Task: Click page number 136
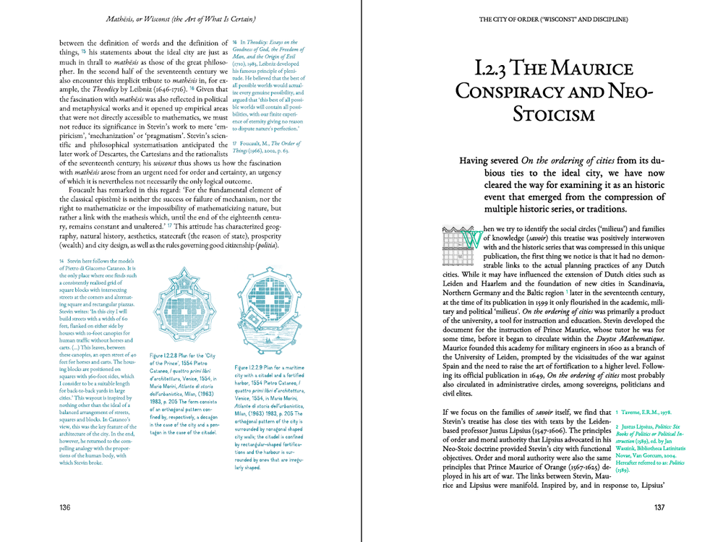tap(65, 508)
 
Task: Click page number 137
tap(658, 508)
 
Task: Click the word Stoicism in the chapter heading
tap(554, 114)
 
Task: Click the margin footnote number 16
tap(236, 43)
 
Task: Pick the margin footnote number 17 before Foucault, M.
tap(236, 143)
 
